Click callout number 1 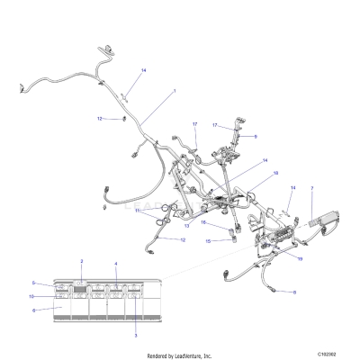[x=174, y=91]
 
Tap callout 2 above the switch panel [x=82, y=261]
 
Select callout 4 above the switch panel [x=115, y=263]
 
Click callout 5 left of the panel [x=34, y=283]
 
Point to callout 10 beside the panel [x=33, y=295]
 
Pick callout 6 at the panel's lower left [x=34, y=310]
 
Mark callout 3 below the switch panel [x=136, y=334]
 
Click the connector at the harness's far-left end [x=19, y=88]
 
